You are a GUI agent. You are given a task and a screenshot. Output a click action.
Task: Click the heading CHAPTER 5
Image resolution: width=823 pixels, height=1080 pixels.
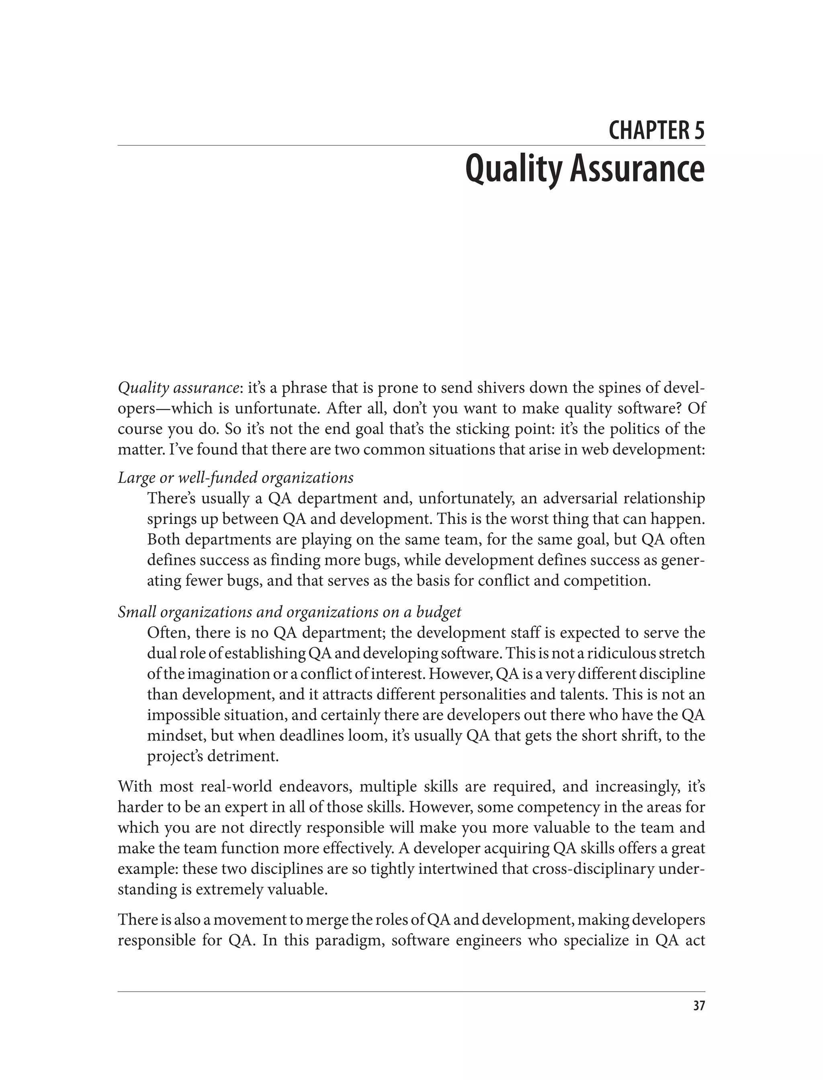click(x=657, y=131)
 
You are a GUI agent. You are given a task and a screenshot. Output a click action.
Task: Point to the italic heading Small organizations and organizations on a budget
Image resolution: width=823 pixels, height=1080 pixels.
click(x=289, y=612)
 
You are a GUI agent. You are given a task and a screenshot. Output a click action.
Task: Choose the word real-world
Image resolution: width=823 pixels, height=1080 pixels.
click(x=235, y=787)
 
